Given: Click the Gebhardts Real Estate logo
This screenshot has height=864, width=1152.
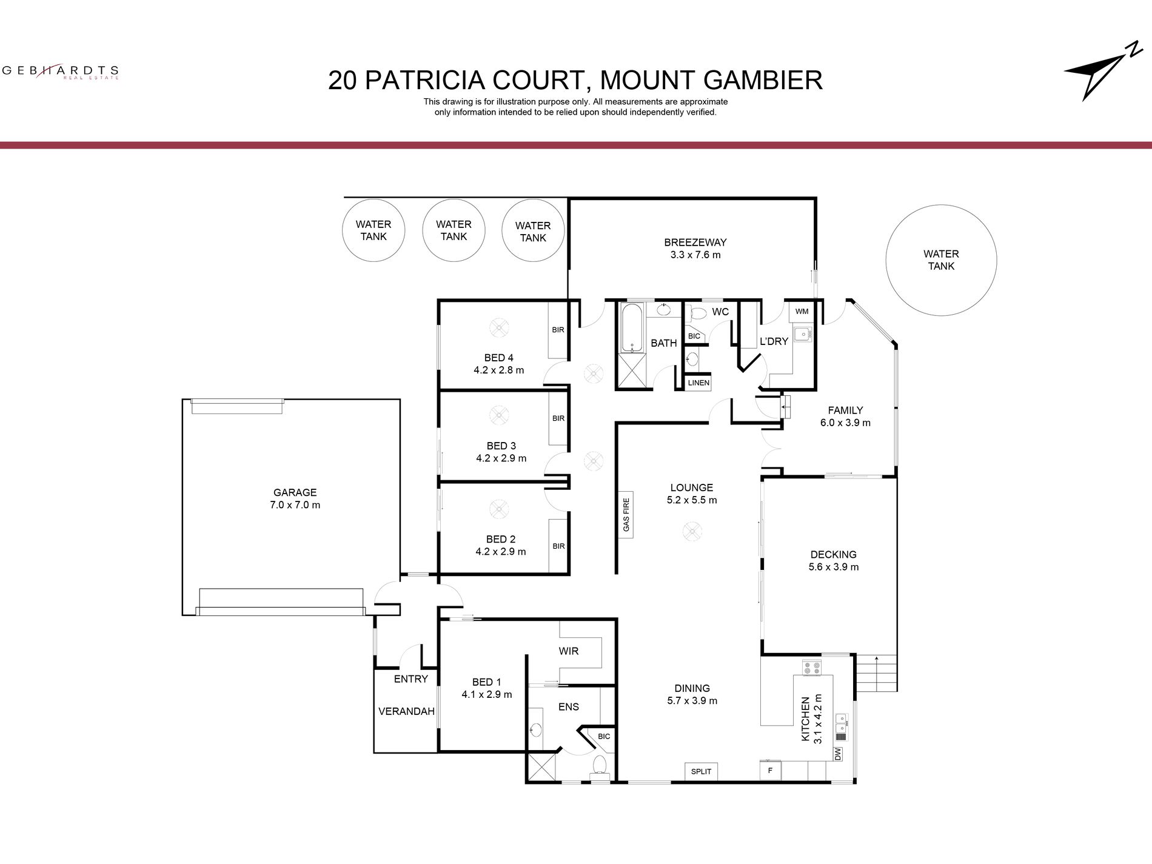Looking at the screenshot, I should click(x=60, y=72).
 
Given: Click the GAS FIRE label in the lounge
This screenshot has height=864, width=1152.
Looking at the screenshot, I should click(x=626, y=515).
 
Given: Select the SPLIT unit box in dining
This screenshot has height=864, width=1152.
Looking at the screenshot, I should click(x=701, y=771).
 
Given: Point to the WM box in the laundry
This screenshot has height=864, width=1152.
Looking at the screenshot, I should click(x=802, y=312).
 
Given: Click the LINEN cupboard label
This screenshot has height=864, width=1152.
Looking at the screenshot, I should click(x=698, y=383).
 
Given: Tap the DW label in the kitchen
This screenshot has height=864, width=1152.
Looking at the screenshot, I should click(x=838, y=754).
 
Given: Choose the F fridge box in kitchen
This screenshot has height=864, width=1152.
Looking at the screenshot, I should click(x=770, y=771).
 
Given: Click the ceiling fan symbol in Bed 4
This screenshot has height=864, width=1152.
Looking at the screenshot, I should click(x=498, y=327).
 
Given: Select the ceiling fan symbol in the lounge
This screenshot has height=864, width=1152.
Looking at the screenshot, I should click(x=692, y=532).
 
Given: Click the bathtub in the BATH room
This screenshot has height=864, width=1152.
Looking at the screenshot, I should click(x=631, y=328).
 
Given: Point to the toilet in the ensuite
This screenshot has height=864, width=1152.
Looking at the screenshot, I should click(x=600, y=765).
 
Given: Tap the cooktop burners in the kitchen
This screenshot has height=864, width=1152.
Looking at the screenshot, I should click(x=811, y=668).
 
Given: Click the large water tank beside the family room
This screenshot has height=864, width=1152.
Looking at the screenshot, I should click(x=940, y=260).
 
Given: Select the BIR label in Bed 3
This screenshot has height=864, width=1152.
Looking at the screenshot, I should click(x=558, y=418).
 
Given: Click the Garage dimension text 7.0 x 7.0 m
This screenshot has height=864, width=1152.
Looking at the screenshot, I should click(x=295, y=504).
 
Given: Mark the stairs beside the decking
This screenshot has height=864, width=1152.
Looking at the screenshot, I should click(x=876, y=672).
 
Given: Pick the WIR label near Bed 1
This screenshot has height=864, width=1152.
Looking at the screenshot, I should click(x=568, y=651).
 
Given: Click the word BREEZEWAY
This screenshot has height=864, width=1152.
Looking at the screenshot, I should click(x=695, y=243).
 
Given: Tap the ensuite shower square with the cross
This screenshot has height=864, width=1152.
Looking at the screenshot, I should click(x=541, y=767).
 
